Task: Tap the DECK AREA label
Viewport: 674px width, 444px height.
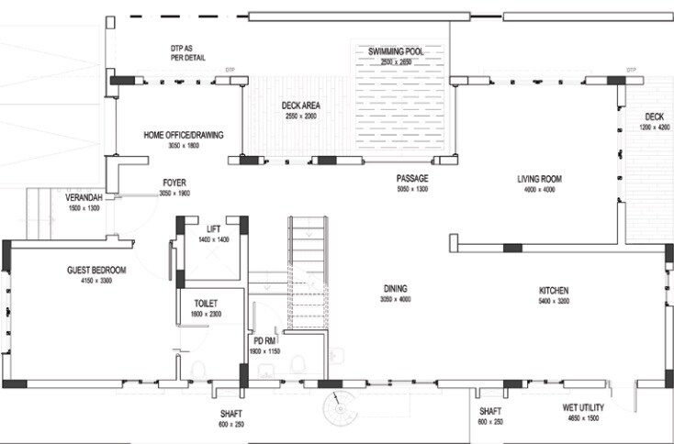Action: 299,105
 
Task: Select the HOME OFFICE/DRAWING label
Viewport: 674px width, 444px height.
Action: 184,136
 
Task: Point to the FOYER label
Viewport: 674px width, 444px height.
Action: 174,183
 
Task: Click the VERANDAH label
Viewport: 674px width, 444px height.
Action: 82,198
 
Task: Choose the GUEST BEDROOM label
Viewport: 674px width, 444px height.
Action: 96,271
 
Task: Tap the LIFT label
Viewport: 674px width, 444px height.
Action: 213,228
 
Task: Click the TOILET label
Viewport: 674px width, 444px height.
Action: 207,303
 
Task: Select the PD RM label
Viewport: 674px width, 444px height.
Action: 265,340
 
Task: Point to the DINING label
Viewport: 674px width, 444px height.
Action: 396,288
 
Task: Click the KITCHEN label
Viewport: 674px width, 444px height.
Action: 554,289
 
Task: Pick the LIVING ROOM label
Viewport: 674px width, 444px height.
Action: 538,179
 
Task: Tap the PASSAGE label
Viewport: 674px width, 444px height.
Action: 412,179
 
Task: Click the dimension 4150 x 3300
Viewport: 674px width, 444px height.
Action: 96,281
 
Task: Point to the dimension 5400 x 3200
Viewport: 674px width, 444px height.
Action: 554,300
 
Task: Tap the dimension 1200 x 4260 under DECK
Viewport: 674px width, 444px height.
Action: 654,128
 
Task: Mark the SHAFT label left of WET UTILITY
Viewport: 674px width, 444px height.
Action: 490,412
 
